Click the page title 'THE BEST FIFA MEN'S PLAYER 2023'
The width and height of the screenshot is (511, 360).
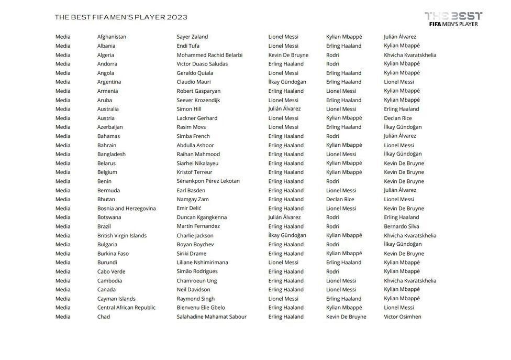[121, 17]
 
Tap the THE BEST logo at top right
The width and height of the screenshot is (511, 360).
[453, 19]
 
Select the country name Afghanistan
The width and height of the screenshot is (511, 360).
[112, 37]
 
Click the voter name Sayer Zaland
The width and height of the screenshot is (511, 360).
[192, 37]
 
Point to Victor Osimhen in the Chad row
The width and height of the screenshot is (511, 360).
[402, 317]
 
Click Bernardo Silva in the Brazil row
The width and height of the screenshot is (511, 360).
[401, 226]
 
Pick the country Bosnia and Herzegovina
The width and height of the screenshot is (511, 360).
[126, 209]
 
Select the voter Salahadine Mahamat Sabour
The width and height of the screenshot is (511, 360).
[212, 317]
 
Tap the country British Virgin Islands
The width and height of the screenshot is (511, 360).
[121, 235]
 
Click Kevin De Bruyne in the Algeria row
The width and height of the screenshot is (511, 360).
[288, 55]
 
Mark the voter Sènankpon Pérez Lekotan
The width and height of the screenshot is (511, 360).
[208, 181]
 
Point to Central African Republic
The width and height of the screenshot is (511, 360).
[126, 308]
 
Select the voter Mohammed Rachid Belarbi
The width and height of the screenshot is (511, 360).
[209, 55]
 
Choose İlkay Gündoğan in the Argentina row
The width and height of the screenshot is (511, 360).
[287, 82]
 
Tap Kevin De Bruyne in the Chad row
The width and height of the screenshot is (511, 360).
[346, 317]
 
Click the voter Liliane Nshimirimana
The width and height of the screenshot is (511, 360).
[202, 263]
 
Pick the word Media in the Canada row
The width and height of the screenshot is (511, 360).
[63, 289]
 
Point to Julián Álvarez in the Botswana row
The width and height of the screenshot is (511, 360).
[284, 217]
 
